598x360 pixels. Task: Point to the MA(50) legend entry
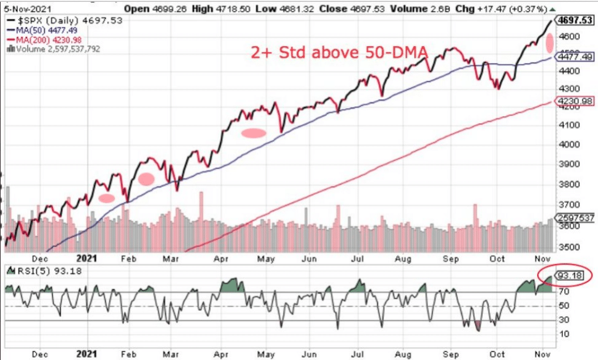(36, 31)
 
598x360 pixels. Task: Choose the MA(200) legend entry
(38, 40)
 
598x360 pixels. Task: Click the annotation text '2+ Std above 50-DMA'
(339, 53)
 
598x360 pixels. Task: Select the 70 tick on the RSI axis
(562, 292)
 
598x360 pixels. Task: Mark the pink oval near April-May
(253, 133)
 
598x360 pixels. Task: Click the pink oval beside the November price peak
(550, 44)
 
